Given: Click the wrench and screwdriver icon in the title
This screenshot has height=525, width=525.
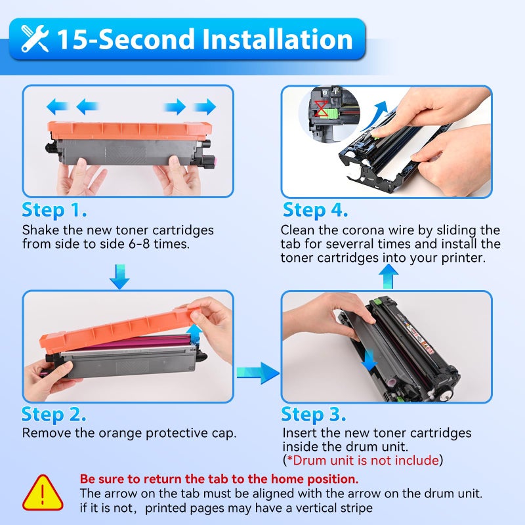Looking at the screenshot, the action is pyautogui.click(x=35, y=39).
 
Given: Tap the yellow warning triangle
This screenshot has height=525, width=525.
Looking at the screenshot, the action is pyautogui.click(x=43, y=493).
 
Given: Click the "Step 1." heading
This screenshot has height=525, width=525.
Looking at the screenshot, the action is pyautogui.click(x=54, y=210).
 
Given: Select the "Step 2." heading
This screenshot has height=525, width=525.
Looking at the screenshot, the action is pyautogui.click(x=54, y=415).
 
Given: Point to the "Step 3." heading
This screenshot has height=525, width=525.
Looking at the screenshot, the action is pyautogui.click(x=314, y=415).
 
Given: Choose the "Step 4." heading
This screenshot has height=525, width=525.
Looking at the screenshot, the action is pyautogui.click(x=316, y=210).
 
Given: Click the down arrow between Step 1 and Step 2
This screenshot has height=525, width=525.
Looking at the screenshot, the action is pyautogui.click(x=119, y=277).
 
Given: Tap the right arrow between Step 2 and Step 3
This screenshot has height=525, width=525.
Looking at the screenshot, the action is pyautogui.click(x=258, y=373).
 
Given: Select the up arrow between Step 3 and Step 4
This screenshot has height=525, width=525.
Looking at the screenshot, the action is pyautogui.click(x=388, y=276).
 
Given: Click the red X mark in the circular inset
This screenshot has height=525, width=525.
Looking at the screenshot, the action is pyautogui.click(x=321, y=108).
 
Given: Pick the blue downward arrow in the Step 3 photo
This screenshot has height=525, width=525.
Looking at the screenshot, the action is pyautogui.click(x=369, y=360).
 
